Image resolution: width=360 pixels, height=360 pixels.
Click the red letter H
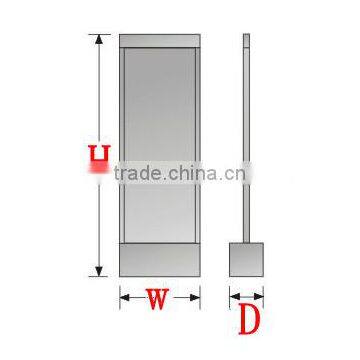point(98,159)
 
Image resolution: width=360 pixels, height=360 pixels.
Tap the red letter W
point(160,299)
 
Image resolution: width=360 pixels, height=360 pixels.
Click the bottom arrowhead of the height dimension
point(98,271)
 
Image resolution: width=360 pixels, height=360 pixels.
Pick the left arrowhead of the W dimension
point(124,296)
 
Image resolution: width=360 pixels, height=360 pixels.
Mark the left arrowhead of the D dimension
point(233,296)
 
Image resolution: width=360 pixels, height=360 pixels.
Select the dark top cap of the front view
point(160,43)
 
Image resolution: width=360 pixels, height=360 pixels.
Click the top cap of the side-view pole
point(246,39)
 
